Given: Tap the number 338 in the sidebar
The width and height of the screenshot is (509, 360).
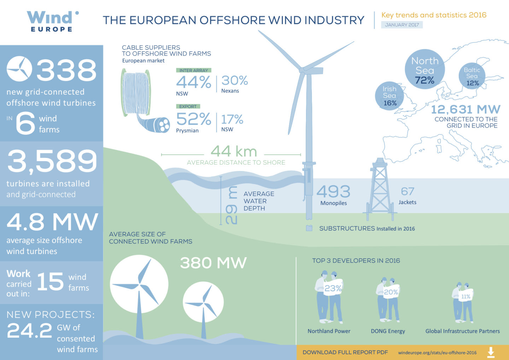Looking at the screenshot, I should (66, 70).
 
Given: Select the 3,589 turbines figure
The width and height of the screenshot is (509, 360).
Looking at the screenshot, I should (52, 161).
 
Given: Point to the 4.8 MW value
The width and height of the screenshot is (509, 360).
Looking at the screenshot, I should (52, 222).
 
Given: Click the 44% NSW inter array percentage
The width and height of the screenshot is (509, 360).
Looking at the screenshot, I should (193, 82).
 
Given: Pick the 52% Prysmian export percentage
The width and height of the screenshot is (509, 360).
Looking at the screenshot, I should (193, 119).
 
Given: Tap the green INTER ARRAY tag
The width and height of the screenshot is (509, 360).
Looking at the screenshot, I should (194, 70).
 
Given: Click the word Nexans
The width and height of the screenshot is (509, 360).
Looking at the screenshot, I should (230, 91).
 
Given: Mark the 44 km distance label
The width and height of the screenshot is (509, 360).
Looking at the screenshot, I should (234, 152).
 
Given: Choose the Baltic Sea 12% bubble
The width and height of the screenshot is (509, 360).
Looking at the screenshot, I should (472, 76).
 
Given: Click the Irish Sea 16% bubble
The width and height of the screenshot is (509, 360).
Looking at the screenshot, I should (390, 95).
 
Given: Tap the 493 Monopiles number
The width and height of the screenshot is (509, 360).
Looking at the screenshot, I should (333, 191).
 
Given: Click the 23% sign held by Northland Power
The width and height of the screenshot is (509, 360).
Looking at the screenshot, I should (333, 288).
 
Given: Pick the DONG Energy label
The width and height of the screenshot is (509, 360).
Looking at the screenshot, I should (388, 331).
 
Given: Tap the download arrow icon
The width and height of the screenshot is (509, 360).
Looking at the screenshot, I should (491, 352).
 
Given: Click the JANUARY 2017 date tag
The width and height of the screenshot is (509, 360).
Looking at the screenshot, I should (402, 25).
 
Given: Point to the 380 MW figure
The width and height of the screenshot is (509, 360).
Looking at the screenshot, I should (213, 263).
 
